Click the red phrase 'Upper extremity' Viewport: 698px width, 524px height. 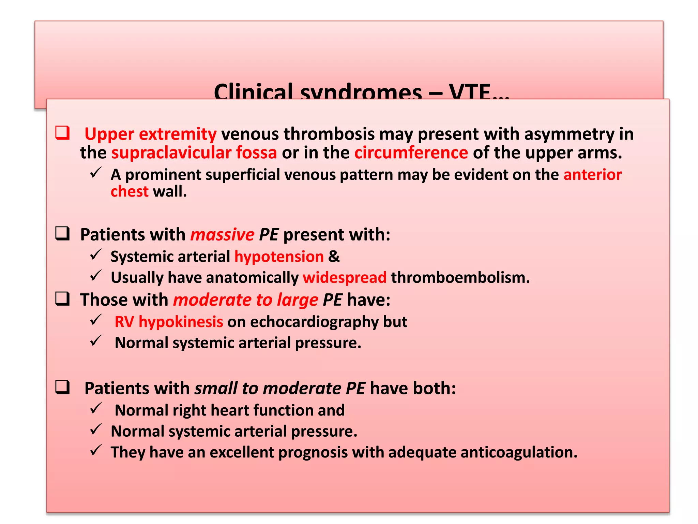coord(150,134)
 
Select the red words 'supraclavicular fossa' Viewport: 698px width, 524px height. coord(194,152)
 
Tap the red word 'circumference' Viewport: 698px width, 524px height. coord(411,152)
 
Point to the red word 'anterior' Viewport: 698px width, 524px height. coord(592,175)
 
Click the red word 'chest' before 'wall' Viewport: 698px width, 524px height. coord(130,191)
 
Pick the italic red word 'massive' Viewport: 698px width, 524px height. coord(222,235)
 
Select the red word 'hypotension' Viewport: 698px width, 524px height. coord(279,257)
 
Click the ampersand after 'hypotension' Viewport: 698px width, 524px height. coord(334,257)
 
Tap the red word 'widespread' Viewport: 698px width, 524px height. coord(345,277)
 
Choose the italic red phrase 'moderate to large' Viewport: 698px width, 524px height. coord(245,300)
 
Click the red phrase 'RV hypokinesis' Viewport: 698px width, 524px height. coord(169,322)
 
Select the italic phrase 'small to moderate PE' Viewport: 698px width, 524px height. coord(280,388)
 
